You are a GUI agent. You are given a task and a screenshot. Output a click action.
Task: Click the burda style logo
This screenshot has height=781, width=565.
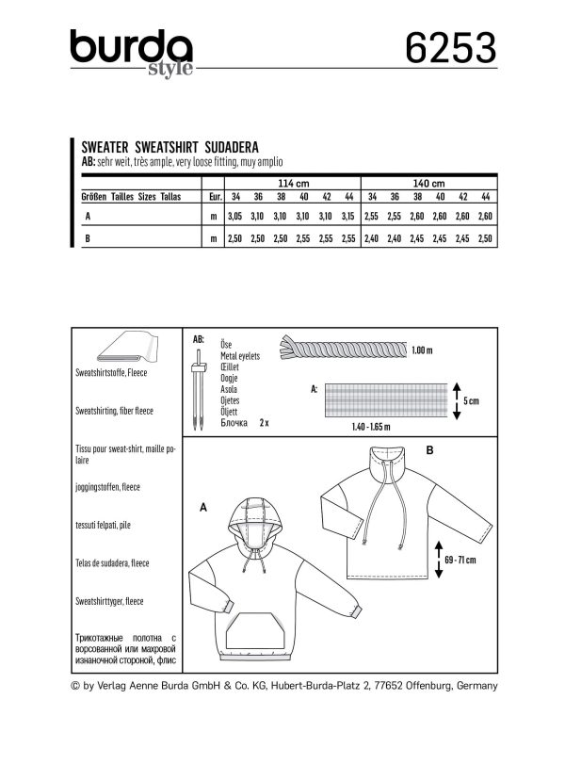(x=132, y=53)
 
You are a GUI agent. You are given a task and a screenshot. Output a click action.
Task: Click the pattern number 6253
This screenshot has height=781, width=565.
(x=451, y=48)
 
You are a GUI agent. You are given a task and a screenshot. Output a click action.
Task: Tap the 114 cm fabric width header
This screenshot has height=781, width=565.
(x=293, y=184)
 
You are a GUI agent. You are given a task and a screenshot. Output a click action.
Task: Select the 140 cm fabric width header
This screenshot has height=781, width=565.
(x=428, y=184)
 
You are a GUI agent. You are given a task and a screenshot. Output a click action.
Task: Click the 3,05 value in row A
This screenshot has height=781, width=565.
(x=235, y=216)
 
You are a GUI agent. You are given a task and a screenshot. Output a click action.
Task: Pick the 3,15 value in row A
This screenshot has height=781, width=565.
(x=348, y=216)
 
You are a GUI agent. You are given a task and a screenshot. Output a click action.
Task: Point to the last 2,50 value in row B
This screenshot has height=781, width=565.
(x=485, y=238)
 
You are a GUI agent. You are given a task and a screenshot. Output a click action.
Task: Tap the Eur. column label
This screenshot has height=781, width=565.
(x=215, y=197)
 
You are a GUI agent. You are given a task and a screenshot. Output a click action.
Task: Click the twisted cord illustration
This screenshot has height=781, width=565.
(x=344, y=348)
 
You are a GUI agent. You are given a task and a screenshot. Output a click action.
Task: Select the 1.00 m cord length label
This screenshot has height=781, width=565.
(x=422, y=350)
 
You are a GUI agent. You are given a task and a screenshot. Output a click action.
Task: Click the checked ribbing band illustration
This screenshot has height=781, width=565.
(x=386, y=400)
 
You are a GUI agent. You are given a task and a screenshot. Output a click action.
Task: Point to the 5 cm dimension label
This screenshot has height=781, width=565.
(x=471, y=401)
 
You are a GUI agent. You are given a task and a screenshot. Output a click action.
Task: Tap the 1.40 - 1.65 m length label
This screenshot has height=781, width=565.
(x=371, y=427)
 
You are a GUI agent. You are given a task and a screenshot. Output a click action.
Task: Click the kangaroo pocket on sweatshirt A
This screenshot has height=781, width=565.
(x=257, y=630)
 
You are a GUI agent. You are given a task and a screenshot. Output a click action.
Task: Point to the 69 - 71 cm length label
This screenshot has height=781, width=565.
(x=460, y=560)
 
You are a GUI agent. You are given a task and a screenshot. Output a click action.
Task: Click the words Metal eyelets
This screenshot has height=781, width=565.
(x=240, y=356)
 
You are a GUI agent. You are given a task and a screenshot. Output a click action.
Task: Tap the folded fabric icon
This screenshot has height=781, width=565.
(x=127, y=348)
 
